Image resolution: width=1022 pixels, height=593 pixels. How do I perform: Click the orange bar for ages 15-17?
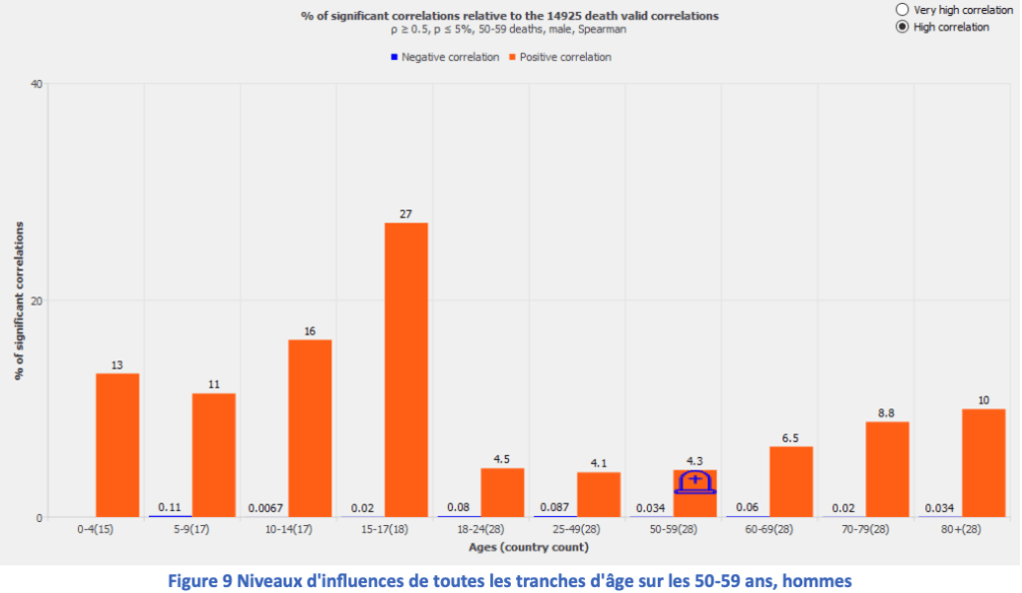pyautogui.click(x=406, y=369)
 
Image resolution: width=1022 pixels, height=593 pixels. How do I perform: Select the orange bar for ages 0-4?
pyautogui.click(x=117, y=444)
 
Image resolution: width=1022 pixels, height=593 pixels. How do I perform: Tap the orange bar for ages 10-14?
pyautogui.click(x=309, y=428)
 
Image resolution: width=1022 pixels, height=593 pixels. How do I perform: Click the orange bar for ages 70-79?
pyautogui.click(x=887, y=469)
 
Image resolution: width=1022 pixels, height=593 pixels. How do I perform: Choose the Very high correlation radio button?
pyautogui.click(x=902, y=9)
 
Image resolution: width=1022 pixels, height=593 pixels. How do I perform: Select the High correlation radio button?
pyautogui.click(x=902, y=27)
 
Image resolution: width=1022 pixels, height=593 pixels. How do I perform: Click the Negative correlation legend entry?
pyautogui.click(x=444, y=57)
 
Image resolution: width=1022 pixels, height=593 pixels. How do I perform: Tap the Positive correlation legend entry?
pyautogui.click(x=559, y=57)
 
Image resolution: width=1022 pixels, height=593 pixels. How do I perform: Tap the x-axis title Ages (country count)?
pyautogui.click(x=528, y=547)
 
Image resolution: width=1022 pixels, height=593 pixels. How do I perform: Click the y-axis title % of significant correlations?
pyautogui.click(x=19, y=299)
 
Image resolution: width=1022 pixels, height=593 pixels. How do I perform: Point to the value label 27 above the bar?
pyautogui.click(x=406, y=213)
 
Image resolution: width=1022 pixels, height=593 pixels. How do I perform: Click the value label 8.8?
pyautogui.click(x=887, y=411)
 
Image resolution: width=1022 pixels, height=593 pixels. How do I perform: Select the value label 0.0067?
pyautogui.click(x=267, y=508)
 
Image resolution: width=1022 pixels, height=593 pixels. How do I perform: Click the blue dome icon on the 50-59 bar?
pyautogui.click(x=695, y=482)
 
